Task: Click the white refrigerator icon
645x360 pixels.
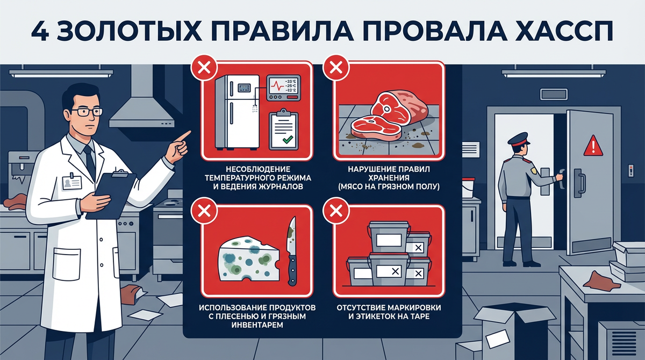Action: click(237, 112)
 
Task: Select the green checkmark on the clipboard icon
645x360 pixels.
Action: click(288, 140)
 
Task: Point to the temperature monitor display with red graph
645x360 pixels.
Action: click(283, 88)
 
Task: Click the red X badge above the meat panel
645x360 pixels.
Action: click(336, 68)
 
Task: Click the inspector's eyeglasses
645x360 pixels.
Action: click(87, 112)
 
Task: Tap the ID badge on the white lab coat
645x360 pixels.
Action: click(72, 182)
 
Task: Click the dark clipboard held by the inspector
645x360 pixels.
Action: click(111, 196)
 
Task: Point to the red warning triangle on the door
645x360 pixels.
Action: click(593, 146)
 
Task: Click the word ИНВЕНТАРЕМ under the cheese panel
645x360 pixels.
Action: click(257, 325)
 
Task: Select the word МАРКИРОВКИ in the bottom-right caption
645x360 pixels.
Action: click(413, 308)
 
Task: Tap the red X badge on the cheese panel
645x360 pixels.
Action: click(204, 211)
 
